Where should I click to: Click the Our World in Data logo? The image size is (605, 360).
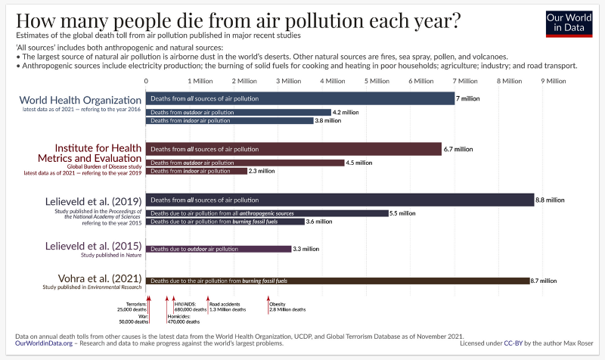[x=569, y=24]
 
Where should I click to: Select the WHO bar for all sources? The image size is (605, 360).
[x=299, y=98]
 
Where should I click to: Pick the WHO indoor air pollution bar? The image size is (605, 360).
[x=230, y=121]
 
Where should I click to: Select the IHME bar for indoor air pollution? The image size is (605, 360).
[x=197, y=171]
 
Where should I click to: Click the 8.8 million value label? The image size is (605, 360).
[x=550, y=200]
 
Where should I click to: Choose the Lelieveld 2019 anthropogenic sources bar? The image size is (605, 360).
[x=267, y=214]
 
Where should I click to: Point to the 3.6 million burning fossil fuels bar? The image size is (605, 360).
[x=225, y=222]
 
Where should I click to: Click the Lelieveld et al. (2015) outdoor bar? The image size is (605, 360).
[x=219, y=248]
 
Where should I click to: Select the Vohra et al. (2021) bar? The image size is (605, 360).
[x=337, y=281]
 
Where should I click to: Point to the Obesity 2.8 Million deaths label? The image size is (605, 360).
[x=287, y=306]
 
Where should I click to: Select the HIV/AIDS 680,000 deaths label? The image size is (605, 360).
[x=190, y=306]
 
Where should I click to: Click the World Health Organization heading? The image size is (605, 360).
[x=80, y=100]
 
